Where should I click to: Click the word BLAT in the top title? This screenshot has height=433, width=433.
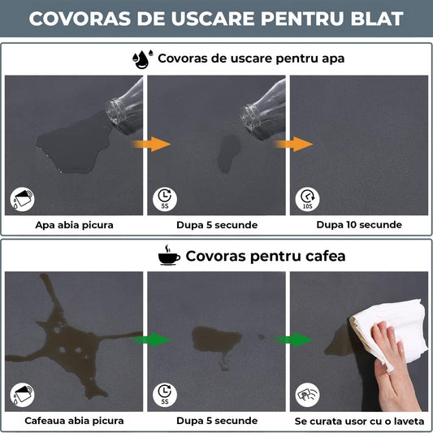373,18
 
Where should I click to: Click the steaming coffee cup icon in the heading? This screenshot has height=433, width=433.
169,257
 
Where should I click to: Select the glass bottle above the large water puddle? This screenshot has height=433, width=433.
125,105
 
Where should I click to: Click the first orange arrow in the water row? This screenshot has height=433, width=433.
159,144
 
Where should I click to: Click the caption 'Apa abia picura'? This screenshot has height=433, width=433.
75,225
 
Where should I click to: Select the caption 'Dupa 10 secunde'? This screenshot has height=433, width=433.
357,225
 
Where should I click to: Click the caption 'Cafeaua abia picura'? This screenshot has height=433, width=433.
75,420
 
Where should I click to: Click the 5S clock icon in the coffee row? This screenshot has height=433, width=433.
166,394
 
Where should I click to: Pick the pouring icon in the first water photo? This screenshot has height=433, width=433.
23,198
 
